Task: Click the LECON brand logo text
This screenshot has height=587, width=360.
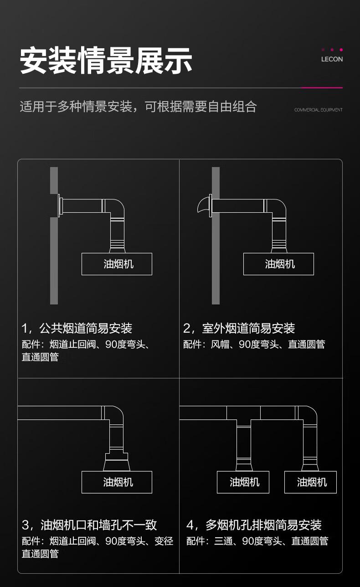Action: [x=332, y=59]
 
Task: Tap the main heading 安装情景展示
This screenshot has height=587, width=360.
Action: [x=106, y=61]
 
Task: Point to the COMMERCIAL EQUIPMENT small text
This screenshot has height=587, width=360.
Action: [x=319, y=110]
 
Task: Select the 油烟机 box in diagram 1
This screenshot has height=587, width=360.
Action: [x=117, y=264]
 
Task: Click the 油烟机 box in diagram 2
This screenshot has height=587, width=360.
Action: [x=278, y=264]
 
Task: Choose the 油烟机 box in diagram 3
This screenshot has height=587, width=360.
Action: [x=117, y=482]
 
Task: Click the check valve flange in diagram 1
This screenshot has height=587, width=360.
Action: [x=60, y=206]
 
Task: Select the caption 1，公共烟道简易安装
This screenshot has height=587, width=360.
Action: [x=77, y=328]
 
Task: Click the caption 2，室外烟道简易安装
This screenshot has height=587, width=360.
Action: [x=239, y=328]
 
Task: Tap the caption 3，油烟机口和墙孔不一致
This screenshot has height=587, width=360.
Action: [x=89, y=525]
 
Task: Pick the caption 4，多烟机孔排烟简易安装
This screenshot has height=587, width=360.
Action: [x=254, y=525]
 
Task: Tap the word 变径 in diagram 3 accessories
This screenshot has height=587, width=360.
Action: [x=164, y=541]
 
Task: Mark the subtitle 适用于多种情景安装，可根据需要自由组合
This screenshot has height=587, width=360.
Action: [x=138, y=107]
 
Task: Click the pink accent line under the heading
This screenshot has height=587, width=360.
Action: [x=322, y=88]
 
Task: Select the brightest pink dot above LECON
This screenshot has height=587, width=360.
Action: [x=341, y=50]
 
